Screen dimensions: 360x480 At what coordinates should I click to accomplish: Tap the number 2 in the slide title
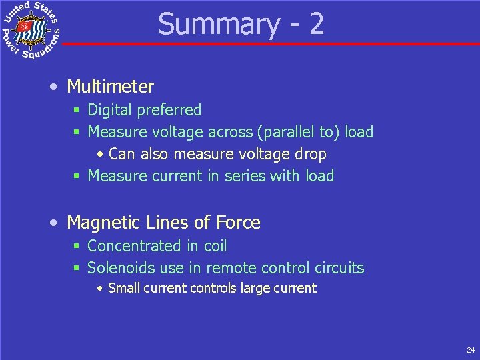click(x=316, y=24)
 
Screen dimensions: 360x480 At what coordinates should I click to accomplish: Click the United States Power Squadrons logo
click(x=31, y=31)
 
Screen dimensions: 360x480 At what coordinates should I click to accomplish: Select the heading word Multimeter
click(x=110, y=87)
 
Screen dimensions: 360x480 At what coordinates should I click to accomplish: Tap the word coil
click(x=215, y=246)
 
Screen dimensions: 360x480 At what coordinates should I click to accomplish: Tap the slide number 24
click(x=471, y=349)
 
